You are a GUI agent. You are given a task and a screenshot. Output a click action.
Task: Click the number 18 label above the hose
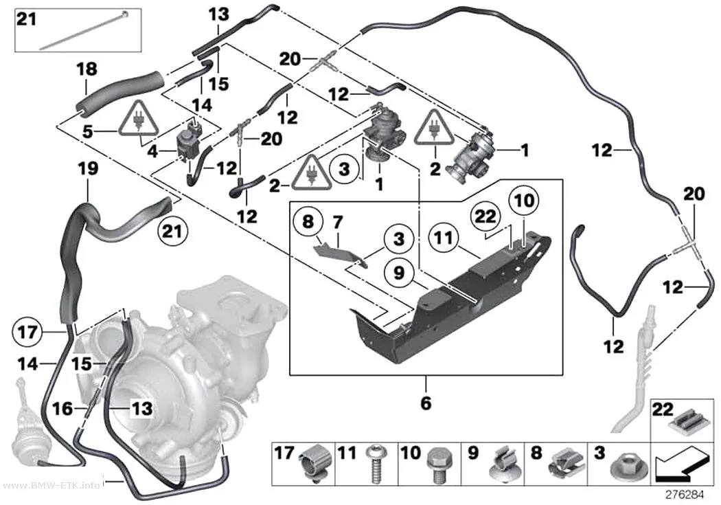coord(87,69)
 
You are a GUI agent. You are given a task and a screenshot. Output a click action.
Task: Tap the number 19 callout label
coord(88,168)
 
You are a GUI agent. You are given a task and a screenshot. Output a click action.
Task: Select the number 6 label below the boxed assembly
coord(426,403)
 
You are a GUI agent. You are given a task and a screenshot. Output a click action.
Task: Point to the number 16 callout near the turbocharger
coord(62,408)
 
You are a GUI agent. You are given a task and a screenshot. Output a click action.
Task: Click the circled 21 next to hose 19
coord(172,230)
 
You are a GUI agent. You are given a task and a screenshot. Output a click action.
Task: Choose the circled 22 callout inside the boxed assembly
coord(485,216)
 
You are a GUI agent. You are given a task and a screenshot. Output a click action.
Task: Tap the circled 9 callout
coord(399,272)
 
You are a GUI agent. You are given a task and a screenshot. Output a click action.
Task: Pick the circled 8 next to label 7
coord(308,222)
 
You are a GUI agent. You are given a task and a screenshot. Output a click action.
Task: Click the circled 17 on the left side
coord(27,331)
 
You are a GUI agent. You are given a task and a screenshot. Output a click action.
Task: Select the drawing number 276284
coord(685,495)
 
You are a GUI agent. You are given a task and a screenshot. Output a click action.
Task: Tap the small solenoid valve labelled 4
coord(190,140)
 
